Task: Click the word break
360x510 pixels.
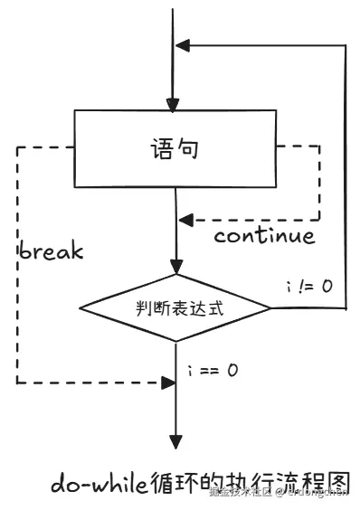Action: pyautogui.click(x=51, y=250)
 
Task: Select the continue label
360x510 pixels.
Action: pyautogui.click(x=264, y=236)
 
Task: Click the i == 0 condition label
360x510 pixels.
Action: pyautogui.click(x=213, y=370)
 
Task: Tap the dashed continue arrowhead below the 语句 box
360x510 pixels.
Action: pyautogui.click(x=184, y=219)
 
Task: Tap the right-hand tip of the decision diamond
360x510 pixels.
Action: pyautogui.click(x=270, y=308)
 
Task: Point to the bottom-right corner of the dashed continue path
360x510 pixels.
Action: pyautogui.click(x=319, y=219)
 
